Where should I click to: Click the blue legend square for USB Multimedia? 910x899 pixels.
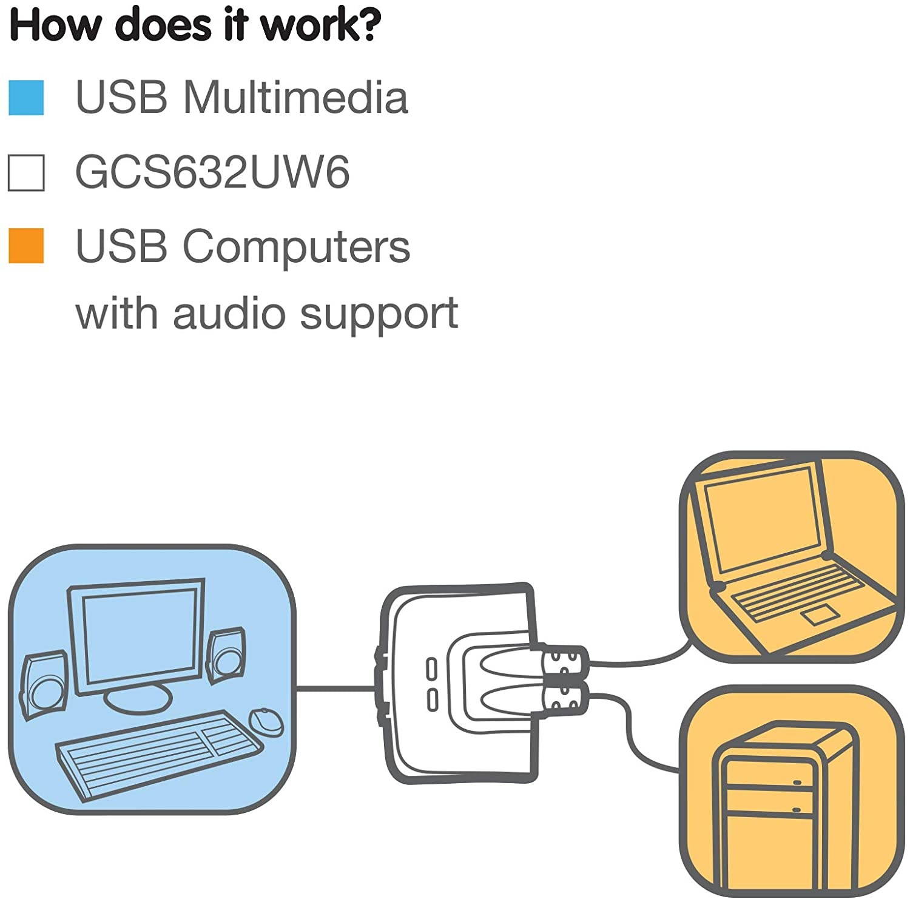point(26,98)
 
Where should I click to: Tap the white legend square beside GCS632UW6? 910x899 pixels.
point(26,173)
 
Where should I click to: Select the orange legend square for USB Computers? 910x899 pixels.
point(26,245)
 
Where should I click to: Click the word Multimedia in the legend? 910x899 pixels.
point(295,97)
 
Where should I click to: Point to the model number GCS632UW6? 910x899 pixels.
point(212,172)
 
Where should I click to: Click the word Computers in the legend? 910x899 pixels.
point(296,246)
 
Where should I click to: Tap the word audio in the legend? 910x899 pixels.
point(229,313)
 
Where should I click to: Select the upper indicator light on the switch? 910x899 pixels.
point(431,670)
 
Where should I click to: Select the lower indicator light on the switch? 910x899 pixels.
point(431,699)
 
